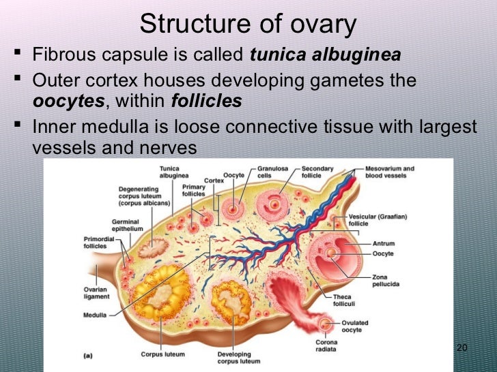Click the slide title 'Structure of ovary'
(x=248, y=25)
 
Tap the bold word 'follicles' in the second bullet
(x=206, y=102)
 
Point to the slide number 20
(x=461, y=349)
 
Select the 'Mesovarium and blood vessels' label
(x=390, y=172)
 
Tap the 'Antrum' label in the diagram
(x=382, y=243)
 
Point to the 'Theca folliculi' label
(x=342, y=300)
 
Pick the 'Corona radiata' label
(x=326, y=346)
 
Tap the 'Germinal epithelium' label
(x=128, y=226)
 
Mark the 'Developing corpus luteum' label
(x=234, y=358)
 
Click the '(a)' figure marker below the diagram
(x=88, y=355)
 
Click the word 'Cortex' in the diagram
(x=214, y=181)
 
